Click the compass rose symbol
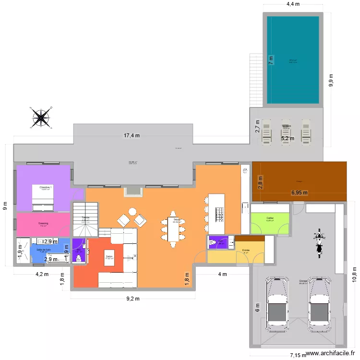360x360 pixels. [x=42, y=117]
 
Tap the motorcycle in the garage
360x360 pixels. [x=317, y=243]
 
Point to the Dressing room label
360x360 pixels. [x=43, y=223]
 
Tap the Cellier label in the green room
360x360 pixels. [x=270, y=217]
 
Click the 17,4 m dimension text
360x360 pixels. [x=132, y=136]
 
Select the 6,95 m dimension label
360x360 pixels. [x=300, y=193]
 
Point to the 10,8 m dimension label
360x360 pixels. [x=354, y=275]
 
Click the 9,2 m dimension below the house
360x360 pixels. [x=132, y=299]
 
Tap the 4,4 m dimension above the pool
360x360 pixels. [x=293, y=4]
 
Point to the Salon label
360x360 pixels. [x=109, y=256]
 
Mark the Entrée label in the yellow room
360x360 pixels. [x=246, y=250]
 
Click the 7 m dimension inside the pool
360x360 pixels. [x=271, y=60]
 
